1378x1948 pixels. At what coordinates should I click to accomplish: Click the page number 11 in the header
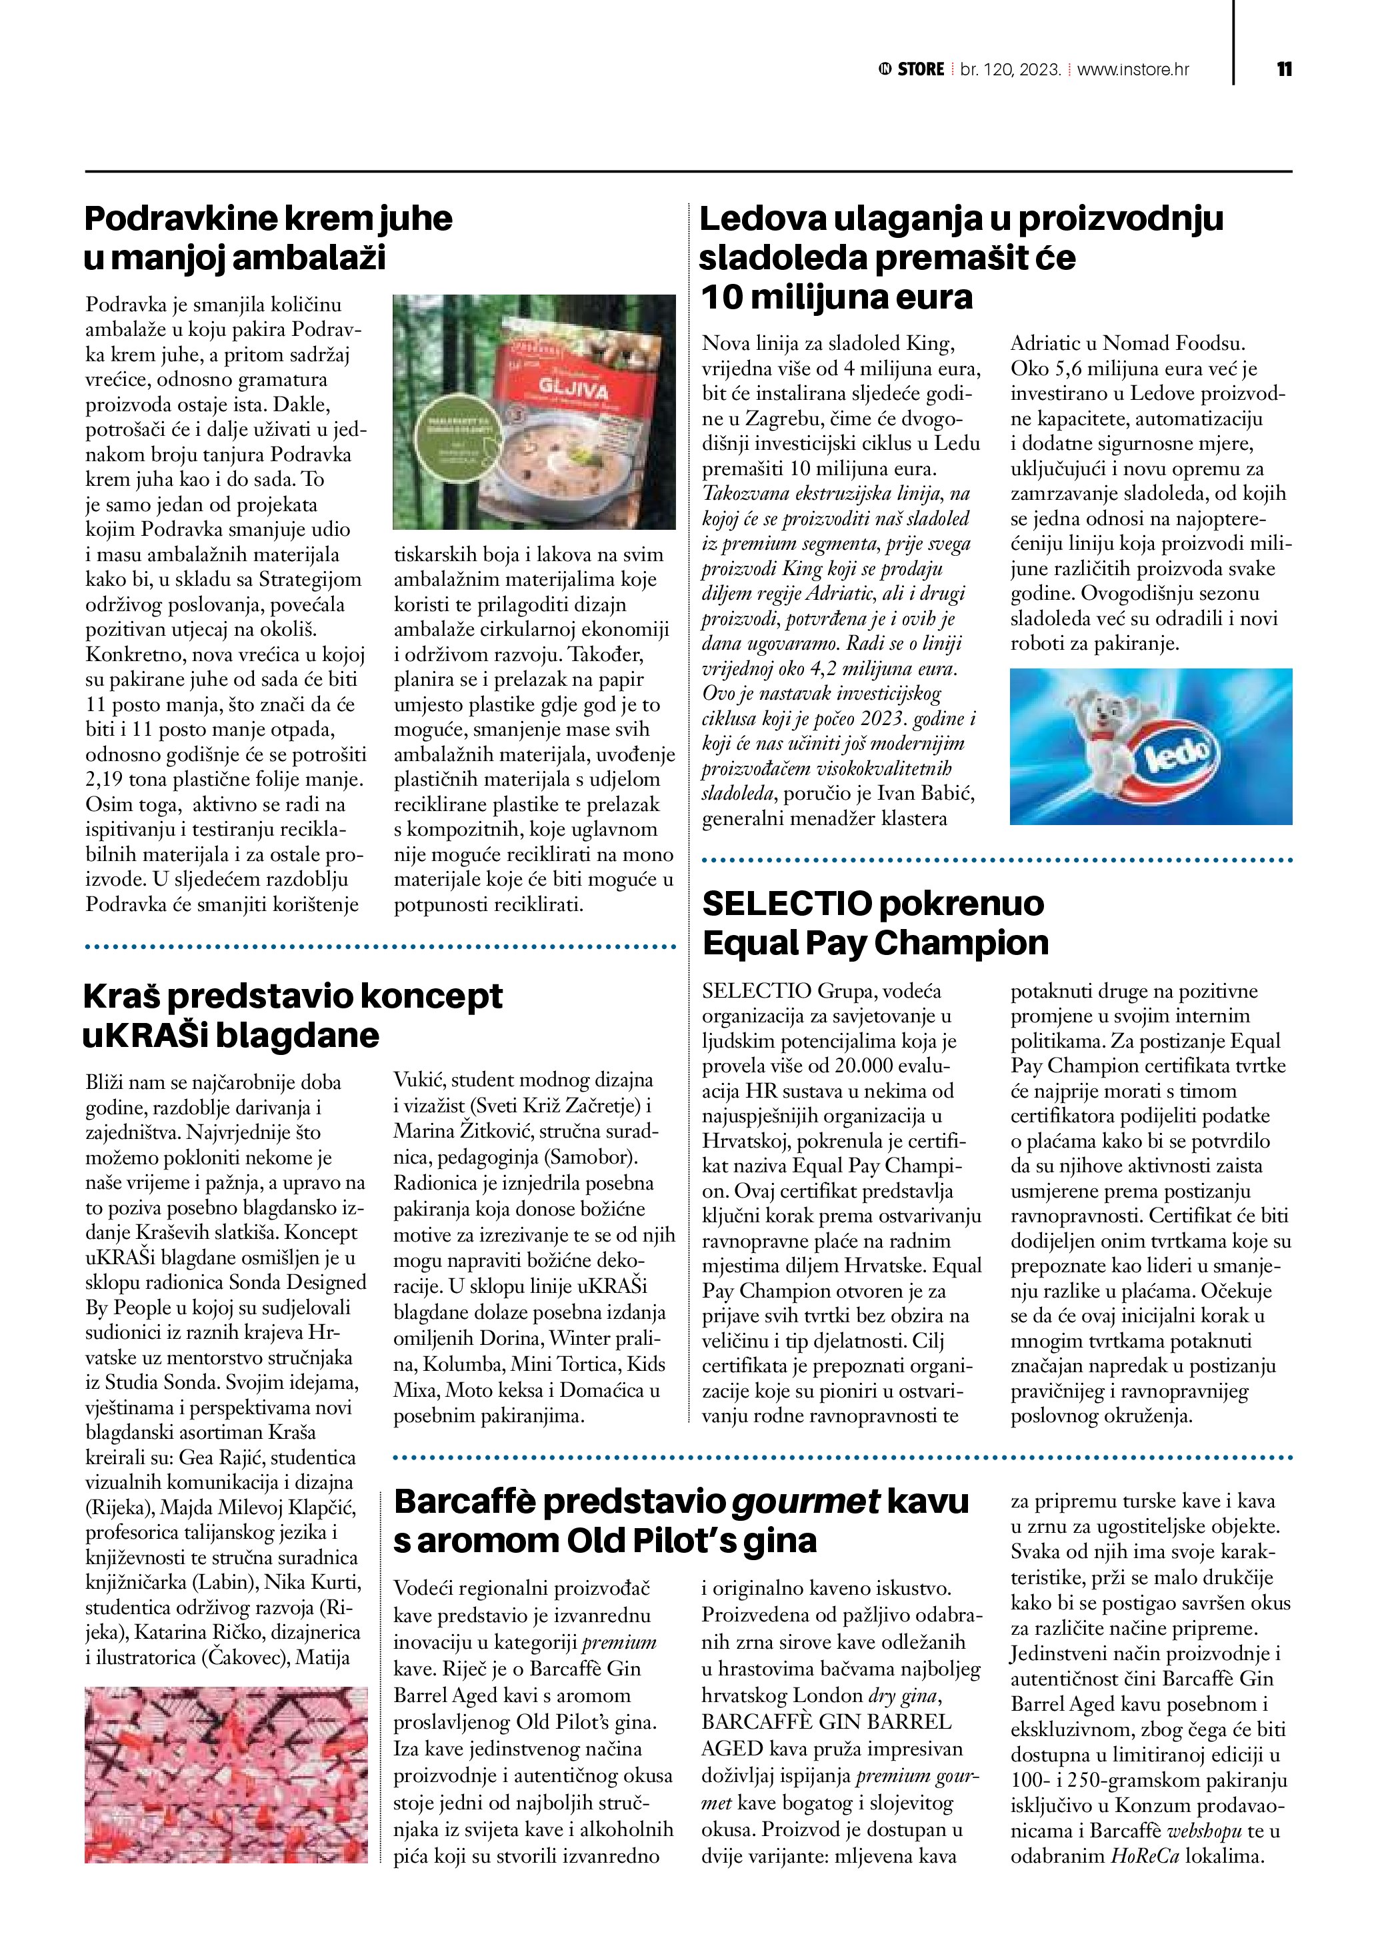coord(1284,69)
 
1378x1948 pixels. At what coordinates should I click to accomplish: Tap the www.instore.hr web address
coord(1133,69)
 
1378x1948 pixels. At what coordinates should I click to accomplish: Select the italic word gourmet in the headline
coord(805,1501)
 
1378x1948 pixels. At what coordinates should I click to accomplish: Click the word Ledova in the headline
coord(761,219)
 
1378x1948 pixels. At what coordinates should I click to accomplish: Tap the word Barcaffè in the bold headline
coord(464,1501)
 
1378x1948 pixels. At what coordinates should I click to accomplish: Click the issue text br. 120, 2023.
coord(1010,69)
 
